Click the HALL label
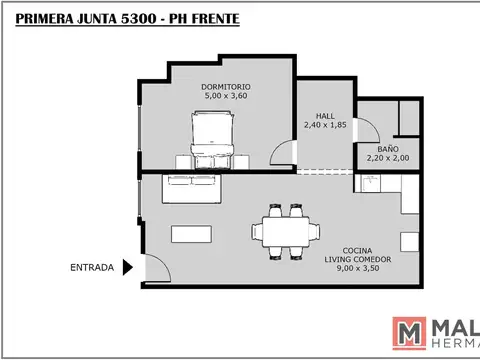pyautogui.click(x=326, y=115)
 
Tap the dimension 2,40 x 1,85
pyautogui.click(x=326, y=125)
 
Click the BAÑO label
pyautogui.click(x=388, y=147)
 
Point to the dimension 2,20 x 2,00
pyautogui.click(x=388, y=157)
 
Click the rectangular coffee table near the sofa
pyautogui.click(x=192, y=233)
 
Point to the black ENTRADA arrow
pyautogui.click(x=127, y=267)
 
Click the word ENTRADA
pyautogui.click(x=92, y=267)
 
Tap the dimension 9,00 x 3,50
pyautogui.click(x=358, y=269)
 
